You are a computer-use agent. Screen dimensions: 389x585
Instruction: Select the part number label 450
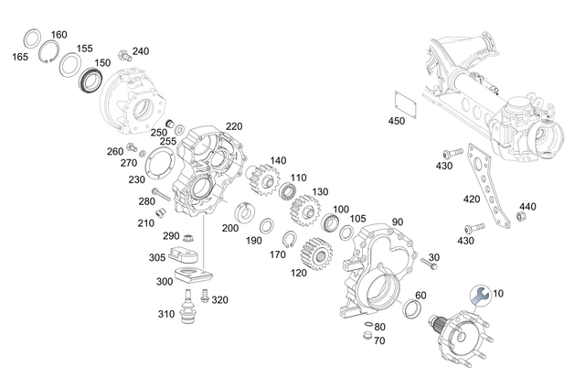pyautogui.click(x=396, y=121)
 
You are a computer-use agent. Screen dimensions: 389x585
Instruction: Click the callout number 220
pyautogui.click(x=234, y=126)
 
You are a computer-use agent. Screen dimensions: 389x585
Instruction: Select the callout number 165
pyautogui.click(x=20, y=57)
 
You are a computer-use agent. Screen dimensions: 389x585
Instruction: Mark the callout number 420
pyautogui.click(x=472, y=199)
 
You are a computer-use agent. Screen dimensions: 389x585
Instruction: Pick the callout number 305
pyautogui.click(x=157, y=258)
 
